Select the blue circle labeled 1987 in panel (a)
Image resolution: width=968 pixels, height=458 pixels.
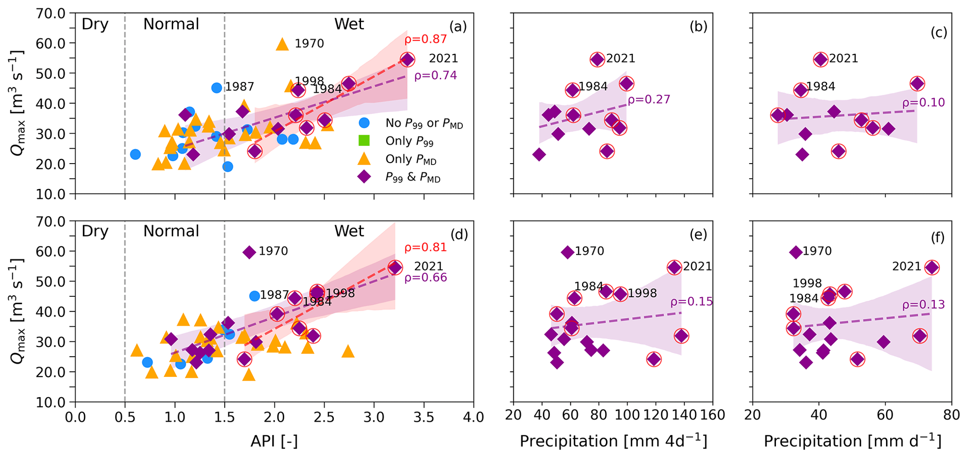click(x=216, y=88)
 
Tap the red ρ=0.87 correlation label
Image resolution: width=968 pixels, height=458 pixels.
click(x=425, y=40)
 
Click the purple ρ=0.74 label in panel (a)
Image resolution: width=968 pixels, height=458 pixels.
click(x=435, y=75)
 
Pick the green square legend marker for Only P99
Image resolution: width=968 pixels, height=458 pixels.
click(x=364, y=141)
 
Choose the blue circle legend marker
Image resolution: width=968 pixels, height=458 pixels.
click(x=364, y=123)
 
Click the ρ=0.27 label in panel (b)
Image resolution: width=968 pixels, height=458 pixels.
click(x=649, y=99)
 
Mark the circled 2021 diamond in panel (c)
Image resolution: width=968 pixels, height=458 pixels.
click(x=820, y=60)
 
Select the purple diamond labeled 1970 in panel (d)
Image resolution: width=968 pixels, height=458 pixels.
click(x=249, y=252)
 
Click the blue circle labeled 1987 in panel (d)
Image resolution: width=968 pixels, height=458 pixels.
click(x=254, y=296)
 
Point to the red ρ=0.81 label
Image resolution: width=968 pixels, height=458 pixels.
click(x=425, y=248)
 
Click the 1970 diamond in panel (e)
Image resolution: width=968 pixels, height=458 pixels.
click(x=567, y=252)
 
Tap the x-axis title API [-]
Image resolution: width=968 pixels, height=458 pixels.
click(x=274, y=441)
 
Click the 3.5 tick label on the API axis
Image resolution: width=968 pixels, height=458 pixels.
click(x=423, y=416)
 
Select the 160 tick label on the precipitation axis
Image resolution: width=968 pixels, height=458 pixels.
click(x=712, y=415)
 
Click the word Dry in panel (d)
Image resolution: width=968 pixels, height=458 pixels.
click(x=95, y=232)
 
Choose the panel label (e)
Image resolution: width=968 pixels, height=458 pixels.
click(x=698, y=235)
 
